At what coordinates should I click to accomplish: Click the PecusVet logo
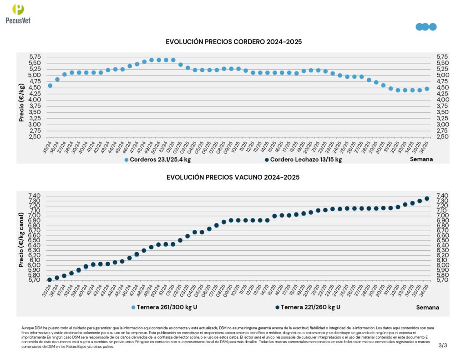[x=18, y=14]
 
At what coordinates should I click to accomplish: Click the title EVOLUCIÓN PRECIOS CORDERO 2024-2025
[x=234, y=42]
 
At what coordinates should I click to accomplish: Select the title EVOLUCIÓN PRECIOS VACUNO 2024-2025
[x=233, y=177]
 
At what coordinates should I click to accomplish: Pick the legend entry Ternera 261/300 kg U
[x=164, y=307]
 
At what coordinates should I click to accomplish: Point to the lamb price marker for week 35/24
[x=50, y=86]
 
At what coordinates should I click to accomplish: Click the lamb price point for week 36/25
[x=427, y=89]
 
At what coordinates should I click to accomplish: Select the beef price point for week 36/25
[x=427, y=198]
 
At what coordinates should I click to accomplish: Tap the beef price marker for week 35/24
[x=50, y=279]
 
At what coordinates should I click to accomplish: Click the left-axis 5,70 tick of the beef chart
[x=35, y=280]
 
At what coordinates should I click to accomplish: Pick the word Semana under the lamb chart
[x=421, y=159]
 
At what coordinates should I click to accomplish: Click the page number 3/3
[x=443, y=345]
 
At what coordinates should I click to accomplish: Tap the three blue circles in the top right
[x=426, y=27]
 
